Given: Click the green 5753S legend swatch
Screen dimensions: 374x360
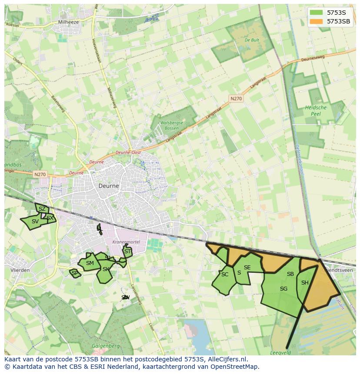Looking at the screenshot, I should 317,13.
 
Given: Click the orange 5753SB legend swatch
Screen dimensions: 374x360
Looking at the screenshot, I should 317,21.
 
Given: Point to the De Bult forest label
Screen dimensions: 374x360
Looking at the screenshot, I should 252,40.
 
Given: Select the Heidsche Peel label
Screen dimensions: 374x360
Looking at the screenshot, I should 316,110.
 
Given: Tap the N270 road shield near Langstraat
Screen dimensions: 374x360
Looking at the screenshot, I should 236,99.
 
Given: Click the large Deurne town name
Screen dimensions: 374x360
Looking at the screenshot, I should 108,185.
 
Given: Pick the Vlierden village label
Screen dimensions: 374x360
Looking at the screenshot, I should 20,270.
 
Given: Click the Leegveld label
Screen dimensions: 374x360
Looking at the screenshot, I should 280,353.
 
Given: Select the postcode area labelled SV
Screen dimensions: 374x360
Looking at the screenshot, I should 35,222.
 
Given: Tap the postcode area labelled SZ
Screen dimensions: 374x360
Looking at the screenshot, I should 42,209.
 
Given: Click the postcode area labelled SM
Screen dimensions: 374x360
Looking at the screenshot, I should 90,263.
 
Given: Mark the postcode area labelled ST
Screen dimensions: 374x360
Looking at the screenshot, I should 127,251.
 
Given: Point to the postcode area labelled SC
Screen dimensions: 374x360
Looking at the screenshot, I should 224,275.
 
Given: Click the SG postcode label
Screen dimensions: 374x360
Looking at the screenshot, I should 283,289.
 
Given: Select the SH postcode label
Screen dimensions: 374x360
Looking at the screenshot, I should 305,283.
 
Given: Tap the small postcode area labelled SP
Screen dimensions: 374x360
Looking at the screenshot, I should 75,273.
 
